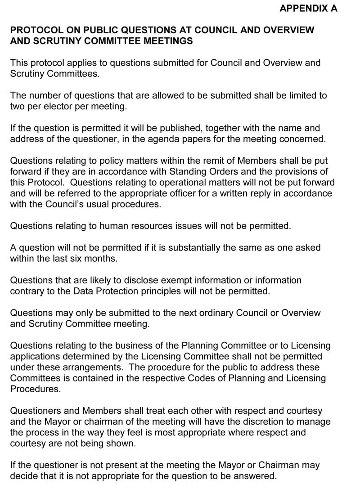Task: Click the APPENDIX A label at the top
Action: click(308, 9)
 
